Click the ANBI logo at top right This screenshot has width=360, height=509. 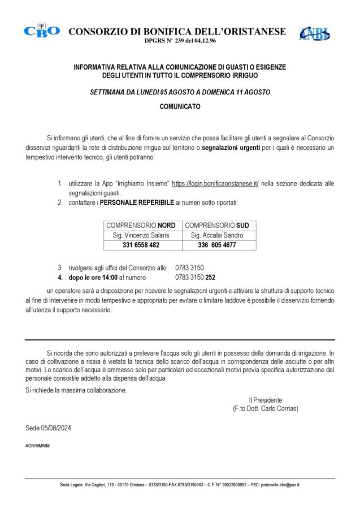point(315,33)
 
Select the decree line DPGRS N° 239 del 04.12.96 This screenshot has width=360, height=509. point(177,41)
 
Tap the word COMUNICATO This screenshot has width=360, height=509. point(180,106)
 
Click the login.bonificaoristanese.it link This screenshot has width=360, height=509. point(215,184)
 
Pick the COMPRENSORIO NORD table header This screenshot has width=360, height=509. point(141,225)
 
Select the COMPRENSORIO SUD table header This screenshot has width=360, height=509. point(217,225)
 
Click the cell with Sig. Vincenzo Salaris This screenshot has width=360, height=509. point(141,235)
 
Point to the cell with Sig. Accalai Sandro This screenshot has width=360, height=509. point(217,235)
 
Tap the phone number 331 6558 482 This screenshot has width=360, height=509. point(141,245)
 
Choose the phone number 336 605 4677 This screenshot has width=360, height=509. point(217,245)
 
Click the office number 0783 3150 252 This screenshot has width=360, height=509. point(196,278)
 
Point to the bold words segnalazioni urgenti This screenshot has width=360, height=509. point(231,148)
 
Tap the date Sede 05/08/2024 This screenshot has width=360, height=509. point(49,428)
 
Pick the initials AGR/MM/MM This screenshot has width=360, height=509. point(38,446)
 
